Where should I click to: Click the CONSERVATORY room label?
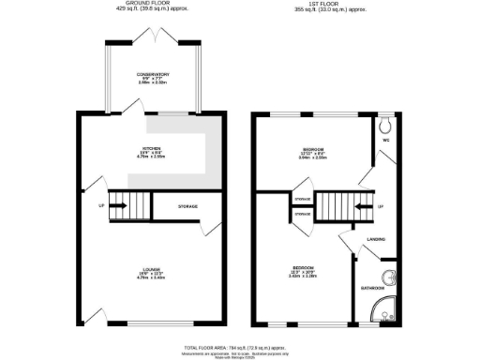coord(151,75)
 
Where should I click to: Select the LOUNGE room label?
coord(151,269)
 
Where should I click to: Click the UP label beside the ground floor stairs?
coord(98,205)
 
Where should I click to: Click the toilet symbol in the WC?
coord(387,123)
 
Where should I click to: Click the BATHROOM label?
coord(373,288)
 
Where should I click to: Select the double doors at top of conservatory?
coord(151,35)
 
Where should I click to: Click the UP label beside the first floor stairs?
coord(381,206)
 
